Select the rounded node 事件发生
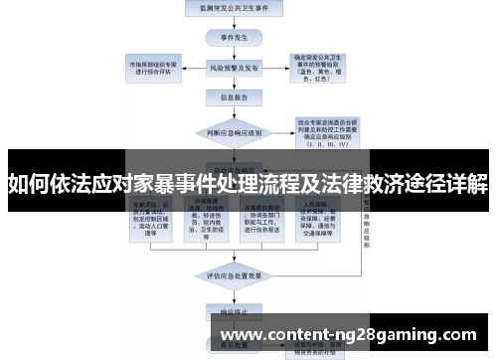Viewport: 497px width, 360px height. coord(228,38)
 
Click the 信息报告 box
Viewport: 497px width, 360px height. coord(228,98)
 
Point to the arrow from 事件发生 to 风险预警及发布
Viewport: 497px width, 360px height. coord(228,54)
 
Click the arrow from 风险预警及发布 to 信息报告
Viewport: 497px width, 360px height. coord(228,85)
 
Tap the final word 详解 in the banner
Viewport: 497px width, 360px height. coord(467,184)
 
